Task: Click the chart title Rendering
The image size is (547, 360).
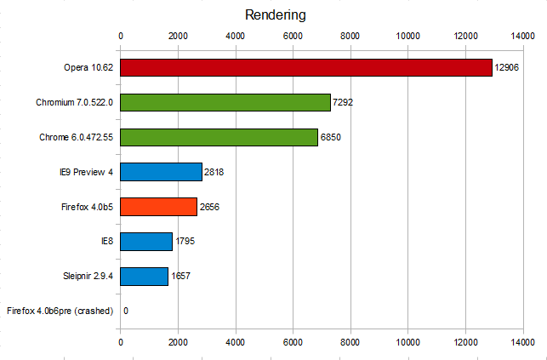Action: pos(275,14)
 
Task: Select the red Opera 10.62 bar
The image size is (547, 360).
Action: pos(306,68)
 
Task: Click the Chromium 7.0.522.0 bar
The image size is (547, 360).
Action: pos(225,103)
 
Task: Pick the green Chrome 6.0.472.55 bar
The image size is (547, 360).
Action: pos(219,138)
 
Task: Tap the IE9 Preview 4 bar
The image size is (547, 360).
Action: pos(161,172)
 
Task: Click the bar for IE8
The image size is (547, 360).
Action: pos(146,242)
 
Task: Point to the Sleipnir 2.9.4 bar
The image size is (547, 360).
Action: pos(144,276)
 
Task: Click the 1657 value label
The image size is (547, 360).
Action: pos(180,277)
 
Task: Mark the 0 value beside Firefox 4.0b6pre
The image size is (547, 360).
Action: pos(126,311)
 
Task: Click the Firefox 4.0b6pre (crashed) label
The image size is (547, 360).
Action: pos(60,311)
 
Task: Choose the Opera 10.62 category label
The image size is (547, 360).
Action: pos(88,68)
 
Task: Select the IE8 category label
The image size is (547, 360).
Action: pos(106,242)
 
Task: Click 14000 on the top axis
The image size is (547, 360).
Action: pos(522,36)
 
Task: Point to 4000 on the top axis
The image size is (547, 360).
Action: pos(235,36)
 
